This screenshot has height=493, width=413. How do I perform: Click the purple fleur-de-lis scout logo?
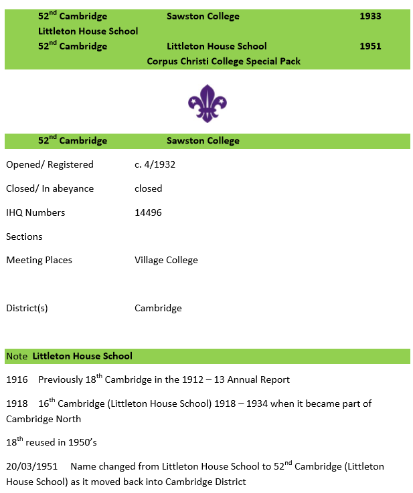207,104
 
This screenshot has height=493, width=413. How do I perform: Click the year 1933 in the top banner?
370,16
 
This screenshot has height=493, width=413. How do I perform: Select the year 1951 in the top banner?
370,46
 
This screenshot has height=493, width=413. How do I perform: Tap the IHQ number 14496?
148,212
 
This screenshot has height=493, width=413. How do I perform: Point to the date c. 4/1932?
155,164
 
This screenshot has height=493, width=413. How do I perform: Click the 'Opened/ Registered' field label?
50,164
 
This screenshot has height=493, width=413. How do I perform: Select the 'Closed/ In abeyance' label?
50,188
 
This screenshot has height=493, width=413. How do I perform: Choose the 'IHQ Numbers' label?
35,212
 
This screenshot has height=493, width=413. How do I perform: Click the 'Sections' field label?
24,236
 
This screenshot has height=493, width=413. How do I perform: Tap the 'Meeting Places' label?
39,260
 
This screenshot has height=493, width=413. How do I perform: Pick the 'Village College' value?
166,260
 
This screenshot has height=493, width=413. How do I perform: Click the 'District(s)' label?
27,308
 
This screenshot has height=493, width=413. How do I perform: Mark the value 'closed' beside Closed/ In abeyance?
148,188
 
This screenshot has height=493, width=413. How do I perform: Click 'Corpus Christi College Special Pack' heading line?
224,61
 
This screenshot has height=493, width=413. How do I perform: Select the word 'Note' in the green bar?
17,356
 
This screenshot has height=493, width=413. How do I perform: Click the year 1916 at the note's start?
17,379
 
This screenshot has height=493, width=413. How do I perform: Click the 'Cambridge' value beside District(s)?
158,308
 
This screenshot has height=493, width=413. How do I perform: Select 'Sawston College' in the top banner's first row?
203,16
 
